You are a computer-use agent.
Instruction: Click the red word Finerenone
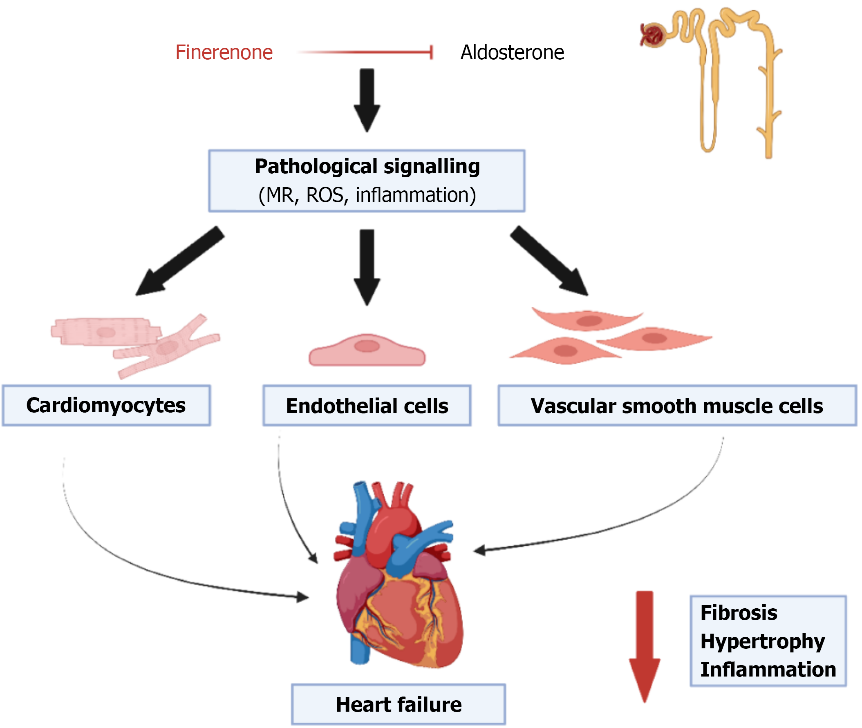(224, 52)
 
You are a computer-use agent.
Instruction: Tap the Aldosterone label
(512, 52)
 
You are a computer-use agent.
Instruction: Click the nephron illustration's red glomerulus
(653, 35)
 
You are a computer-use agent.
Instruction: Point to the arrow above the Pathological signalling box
(367, 99)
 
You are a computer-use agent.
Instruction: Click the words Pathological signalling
(367, 166)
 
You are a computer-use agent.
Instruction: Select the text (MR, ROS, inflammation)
(367, 195)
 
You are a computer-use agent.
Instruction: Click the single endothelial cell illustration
(367, 351)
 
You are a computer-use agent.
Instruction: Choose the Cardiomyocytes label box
(106, 405)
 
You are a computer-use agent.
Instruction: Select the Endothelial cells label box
(367, 406)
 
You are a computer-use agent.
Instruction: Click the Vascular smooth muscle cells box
(677, 406)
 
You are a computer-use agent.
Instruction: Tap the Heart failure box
(399, 704)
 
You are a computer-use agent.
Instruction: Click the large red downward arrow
(644, 644)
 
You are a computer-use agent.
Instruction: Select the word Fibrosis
(739, 612)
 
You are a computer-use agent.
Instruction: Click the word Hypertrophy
(762, 641)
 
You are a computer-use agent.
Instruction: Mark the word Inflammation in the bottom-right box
(768, 670)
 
